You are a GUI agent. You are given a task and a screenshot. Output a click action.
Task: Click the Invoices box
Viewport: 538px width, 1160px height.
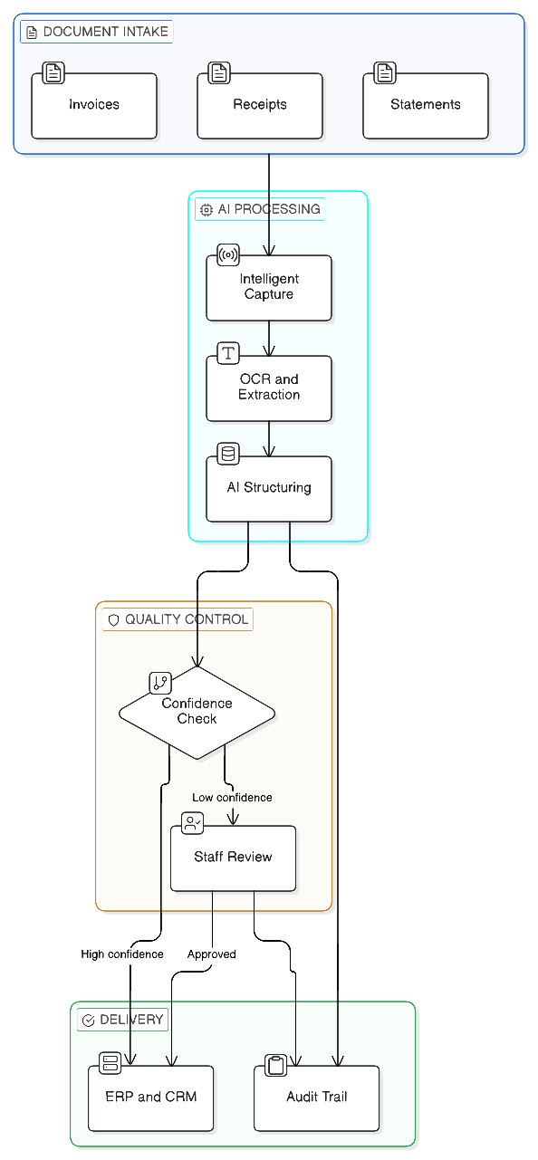(94, 105)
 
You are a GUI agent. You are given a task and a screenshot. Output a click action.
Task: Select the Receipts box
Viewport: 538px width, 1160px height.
(260, 105)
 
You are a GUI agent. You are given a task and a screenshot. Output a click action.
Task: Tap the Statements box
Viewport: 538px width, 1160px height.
(426, 105)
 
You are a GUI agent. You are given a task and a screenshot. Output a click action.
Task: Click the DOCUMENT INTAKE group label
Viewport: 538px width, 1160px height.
(97, 32)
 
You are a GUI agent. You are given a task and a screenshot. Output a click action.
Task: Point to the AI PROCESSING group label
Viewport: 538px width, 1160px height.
(260, 209)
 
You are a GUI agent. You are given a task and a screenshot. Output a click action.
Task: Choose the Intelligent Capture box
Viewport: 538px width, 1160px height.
(269, 288)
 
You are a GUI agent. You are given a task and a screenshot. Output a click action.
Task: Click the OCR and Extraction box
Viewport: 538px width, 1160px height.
(269, 388)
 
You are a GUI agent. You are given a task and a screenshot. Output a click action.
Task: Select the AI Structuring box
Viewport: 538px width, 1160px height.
(269, 488)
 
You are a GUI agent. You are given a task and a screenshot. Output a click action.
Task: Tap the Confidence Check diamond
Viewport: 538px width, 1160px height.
(197, 712)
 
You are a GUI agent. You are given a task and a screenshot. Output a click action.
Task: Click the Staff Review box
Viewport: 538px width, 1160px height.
(233, 858)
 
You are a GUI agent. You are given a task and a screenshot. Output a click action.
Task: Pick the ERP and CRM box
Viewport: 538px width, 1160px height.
(151, 1098)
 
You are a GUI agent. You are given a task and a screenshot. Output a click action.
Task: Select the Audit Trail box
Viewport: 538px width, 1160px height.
(317, 1098)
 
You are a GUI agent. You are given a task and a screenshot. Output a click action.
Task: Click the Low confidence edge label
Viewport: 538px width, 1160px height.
(232, 798)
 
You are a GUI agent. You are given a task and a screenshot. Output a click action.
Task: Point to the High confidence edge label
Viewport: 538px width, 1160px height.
(122, 954)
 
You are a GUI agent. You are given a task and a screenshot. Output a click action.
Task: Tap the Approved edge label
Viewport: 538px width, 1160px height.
(212, 954)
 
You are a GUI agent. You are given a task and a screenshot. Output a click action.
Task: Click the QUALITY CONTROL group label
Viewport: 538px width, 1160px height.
(178, 620)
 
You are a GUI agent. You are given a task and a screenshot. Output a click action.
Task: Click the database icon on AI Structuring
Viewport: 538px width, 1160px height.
(228, 453)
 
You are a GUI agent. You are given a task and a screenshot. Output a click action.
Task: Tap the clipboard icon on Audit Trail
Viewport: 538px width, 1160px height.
(276, 1065)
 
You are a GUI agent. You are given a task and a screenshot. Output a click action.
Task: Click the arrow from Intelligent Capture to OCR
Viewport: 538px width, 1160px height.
(269, 339)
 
